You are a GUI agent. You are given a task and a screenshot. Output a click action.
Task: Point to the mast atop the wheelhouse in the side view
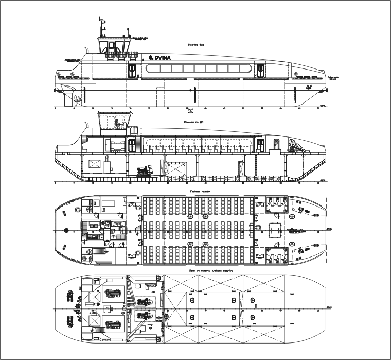pyautogui.click(x=101, y=26)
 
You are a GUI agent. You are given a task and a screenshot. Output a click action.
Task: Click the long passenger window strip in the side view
pyautogui.click(x=198, y=68)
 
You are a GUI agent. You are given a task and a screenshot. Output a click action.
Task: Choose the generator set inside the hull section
pyautogui.click(x=140, y=169)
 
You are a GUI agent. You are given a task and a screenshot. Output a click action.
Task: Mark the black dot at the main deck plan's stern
pyautogui.click(x=67, y=229)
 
